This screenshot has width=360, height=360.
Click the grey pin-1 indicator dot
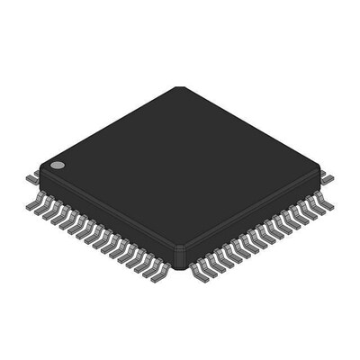point(57,166)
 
